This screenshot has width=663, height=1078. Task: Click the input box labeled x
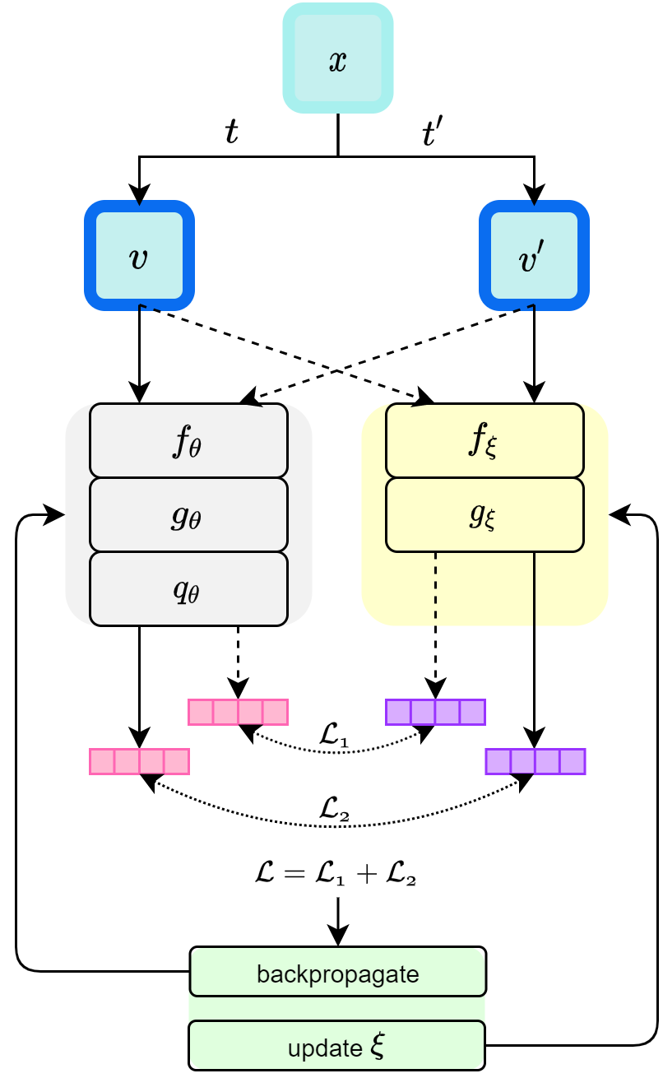(338, 58)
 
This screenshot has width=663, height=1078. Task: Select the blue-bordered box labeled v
(139, 256)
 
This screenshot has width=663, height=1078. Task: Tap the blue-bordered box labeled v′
(534, 256)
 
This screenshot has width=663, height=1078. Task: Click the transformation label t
(231, 132)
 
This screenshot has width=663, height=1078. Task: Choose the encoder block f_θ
(188, 441)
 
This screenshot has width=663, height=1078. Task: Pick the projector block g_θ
(188, 515)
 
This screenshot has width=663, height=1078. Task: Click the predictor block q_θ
(188, 589)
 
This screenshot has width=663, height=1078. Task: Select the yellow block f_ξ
(484, 441)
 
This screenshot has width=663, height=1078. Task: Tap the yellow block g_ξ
(484, 515)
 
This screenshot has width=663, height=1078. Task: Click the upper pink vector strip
(238, 712)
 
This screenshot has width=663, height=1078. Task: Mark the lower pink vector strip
(139, 761)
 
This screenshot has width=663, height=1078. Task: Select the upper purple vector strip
(435, 712)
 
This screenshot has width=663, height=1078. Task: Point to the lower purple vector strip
(535, 761)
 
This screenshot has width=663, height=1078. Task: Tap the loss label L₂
(334, 809)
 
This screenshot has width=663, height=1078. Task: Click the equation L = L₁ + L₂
(336, 873)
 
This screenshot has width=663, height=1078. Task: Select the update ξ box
(336, 1046)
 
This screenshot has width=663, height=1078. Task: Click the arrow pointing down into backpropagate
(338, 922)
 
